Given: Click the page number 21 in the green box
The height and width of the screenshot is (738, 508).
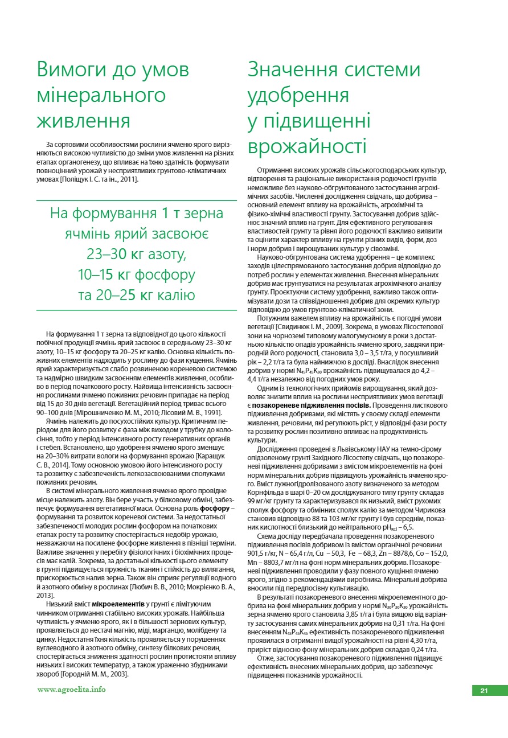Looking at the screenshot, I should [x=485, y=690].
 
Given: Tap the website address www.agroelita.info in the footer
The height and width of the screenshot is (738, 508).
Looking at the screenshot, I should [x=71, y=689].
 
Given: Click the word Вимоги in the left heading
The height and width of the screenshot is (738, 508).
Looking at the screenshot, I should [x=73, y=69].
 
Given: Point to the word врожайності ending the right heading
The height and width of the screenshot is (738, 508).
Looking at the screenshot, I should [x=307, y=146].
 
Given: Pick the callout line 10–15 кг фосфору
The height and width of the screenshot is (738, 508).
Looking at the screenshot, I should [x=136, y=274].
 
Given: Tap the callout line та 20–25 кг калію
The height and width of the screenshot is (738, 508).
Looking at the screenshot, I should [x=136, y=295].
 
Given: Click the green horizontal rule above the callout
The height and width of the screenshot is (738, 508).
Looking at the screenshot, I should [x=136, y=200].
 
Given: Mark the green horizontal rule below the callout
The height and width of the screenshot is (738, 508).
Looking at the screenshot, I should [x=136, y=310].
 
